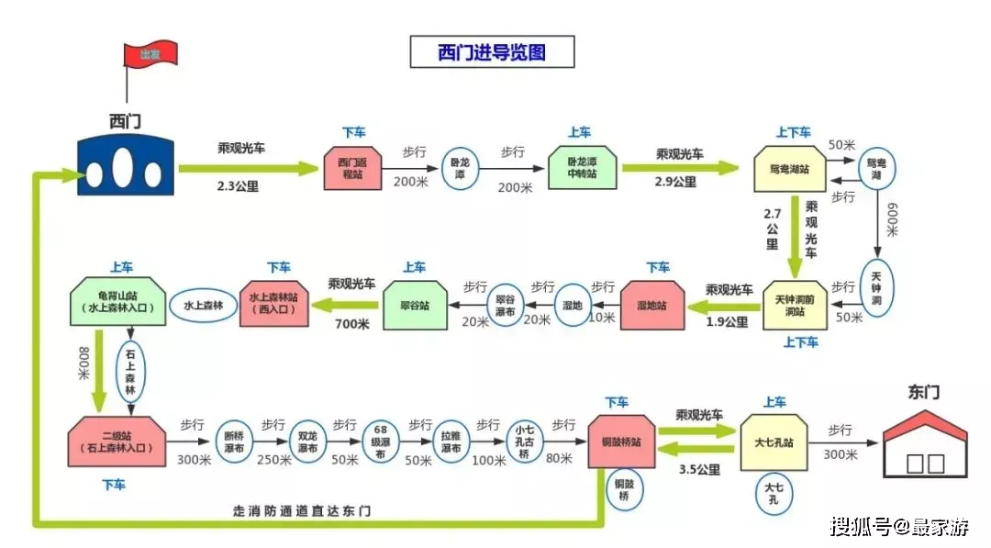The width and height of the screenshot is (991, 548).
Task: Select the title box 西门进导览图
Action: (x=492, y=51)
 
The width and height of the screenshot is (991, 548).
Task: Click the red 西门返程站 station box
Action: (x=352, y=169)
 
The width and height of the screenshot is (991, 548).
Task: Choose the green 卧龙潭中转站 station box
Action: (x=583, y=168)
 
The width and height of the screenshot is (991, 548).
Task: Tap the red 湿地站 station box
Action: (x=653, y=306)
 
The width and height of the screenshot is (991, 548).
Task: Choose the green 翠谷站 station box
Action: (x=415, y=305)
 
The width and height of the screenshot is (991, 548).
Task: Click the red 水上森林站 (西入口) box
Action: (x=274, y=304)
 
